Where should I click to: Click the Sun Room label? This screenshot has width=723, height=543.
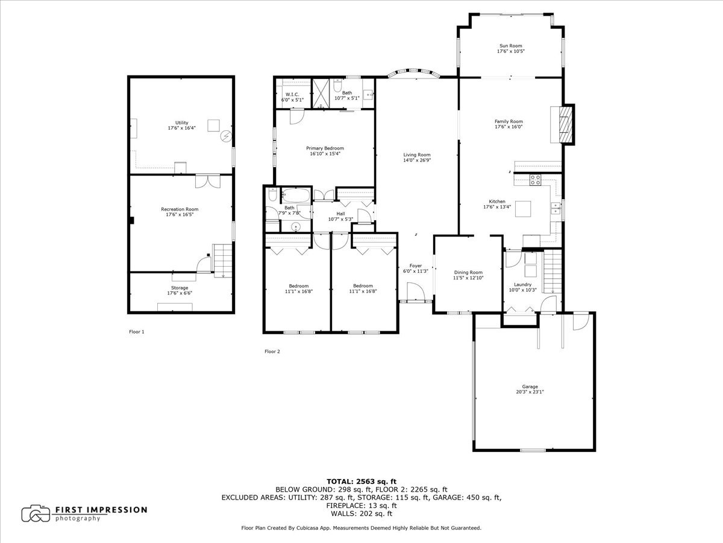tap(510, 46)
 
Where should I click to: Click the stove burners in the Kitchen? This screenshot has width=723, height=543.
tap(535, 179)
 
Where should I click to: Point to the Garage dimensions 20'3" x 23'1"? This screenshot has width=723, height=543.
tap(530, 392)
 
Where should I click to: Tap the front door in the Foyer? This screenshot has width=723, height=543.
tap(415, 294)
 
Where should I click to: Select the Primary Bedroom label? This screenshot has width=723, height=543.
tap(325, 148)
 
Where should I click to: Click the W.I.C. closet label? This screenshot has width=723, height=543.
tap(292, 95)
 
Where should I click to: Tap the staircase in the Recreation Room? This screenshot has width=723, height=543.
tap(222, 260)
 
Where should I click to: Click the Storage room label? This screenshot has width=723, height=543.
tap(180, 288)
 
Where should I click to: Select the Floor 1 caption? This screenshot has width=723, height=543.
tap(137, 331)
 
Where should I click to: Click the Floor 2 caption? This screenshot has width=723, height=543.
tap(272, 351)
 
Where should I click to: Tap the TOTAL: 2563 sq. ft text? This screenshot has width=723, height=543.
tap(361, 481)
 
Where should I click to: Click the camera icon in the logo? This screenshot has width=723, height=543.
tap(36, 513)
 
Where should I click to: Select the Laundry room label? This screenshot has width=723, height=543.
tap(522, 285)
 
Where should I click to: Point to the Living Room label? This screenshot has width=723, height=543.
tap(417, 155)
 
